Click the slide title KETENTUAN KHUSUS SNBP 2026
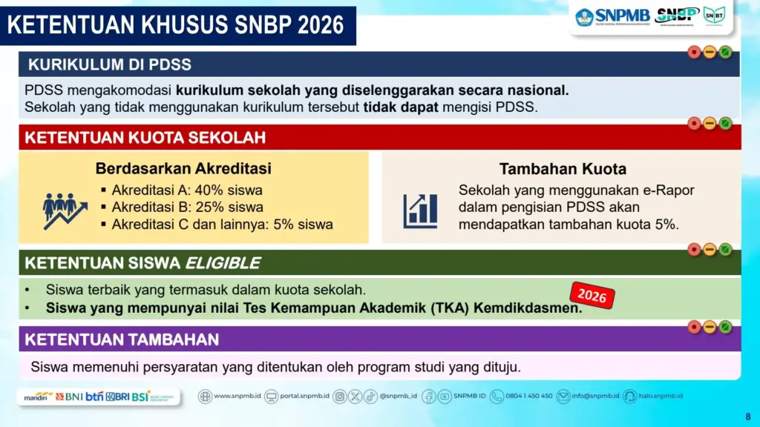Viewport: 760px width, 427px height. tap(176, 25)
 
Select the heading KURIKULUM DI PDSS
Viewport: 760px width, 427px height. tap(109, 64)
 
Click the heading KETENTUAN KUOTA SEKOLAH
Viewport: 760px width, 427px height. tap(145, 138)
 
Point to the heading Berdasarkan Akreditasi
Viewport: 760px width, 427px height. tap(183, 168)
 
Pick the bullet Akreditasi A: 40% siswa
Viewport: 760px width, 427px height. tap(187, 190)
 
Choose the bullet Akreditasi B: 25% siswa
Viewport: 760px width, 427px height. tap(187, 207)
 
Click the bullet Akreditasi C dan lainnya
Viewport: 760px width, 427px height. tap(222, 224)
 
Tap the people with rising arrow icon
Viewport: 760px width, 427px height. tap(65, 209)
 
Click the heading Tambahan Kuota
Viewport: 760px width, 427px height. tap(563, 168)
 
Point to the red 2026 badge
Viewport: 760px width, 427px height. tap(592, 295)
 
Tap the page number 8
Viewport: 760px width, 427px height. tap(747, 416)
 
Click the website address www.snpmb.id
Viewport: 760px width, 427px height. tap(237, 396)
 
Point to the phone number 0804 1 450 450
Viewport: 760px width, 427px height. tap(528, 396)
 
